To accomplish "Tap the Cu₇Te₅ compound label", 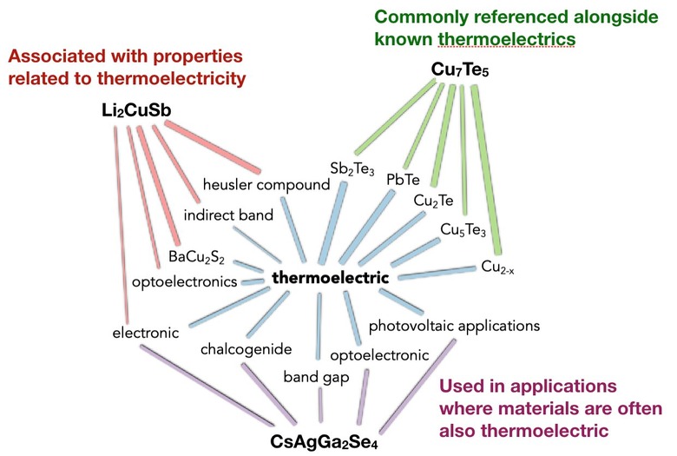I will (461, 68).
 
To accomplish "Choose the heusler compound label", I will (266, 184).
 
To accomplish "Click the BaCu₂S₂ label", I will (199, 257).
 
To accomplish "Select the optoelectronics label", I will (185, 282).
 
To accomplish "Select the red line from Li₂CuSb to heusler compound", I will (213, 145).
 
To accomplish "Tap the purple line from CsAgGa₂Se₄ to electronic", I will (207, 380).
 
